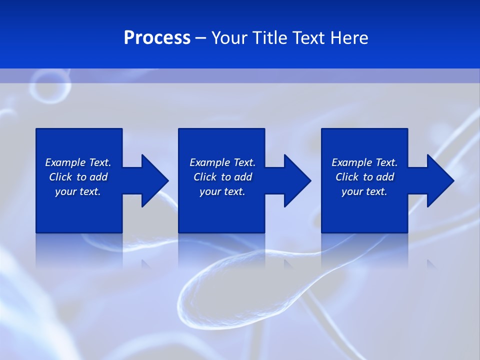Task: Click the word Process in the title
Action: (157, 38)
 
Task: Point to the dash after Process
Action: (200, 38)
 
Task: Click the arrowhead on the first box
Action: (154, 180)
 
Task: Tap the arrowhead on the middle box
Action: (297, 180)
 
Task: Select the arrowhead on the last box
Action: (440, 180)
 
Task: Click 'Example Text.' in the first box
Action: (78, 162)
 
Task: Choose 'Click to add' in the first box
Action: (78, 177)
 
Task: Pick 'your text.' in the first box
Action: (78, 191)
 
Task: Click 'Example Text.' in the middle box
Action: (222, 162)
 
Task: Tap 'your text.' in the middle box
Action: (222, 191)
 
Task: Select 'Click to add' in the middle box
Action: (222, 177)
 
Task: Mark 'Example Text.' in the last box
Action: (364, 162)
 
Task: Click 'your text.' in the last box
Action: (364, 191)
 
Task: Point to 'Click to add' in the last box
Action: (364, 177)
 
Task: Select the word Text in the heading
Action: (309, 38)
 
